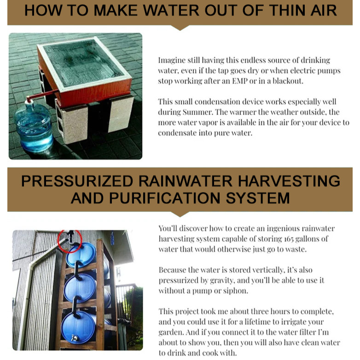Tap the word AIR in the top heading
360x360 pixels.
point(324,10)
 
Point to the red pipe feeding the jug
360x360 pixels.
point(41,95)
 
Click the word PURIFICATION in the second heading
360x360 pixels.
point(165,198)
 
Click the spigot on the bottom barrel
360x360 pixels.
point(75,338)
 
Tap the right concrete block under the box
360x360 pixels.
point(121,114)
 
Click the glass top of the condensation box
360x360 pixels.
point(83,63)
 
